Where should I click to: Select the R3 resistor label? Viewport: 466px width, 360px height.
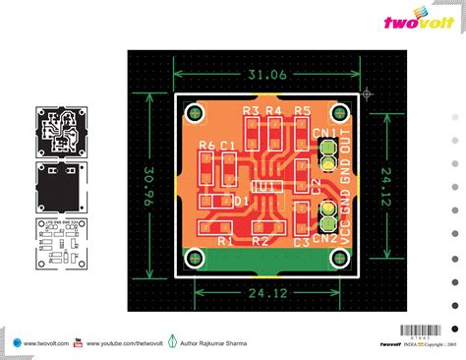point(250,110)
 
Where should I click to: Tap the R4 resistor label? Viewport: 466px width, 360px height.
point(273,110)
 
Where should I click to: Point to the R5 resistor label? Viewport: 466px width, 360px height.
point(302,110)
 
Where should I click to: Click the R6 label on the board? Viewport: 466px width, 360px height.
point(206,146)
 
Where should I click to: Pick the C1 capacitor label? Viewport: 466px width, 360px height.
point(227,146)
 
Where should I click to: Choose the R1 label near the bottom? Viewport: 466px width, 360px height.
point(224,240)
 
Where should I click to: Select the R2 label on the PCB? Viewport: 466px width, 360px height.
point(261,240)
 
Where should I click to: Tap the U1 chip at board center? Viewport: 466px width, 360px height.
point(263,186)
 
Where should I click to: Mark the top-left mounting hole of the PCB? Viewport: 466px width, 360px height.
point(195,115)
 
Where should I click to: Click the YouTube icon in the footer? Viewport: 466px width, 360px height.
point(79,343)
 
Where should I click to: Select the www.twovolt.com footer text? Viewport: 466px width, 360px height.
point(41,344)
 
